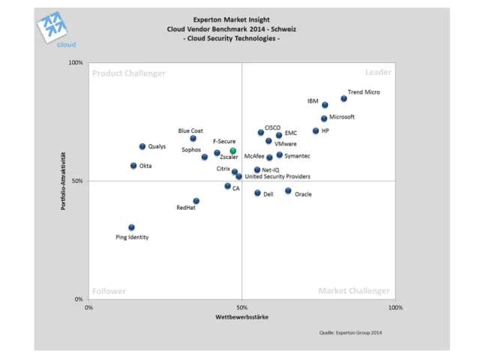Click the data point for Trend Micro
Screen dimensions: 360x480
(x=344, y=98)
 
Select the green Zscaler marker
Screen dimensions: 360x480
(x=233, y=151)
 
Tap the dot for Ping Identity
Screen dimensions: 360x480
(x=131, y=227)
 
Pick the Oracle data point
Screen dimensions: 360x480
(x=288, y=190)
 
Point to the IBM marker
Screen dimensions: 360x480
(x=325, y=105)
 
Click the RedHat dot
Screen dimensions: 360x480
(x=196, y=201)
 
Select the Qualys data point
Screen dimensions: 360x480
(x=142, y=146)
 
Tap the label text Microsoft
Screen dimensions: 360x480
(x=342, y=117)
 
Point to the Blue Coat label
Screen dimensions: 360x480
(x=190, y=130)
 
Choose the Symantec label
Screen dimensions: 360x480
(x=298, y=156)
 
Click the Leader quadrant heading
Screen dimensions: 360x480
(x=378, y=73)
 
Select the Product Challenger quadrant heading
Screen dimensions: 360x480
(x=128, y=73)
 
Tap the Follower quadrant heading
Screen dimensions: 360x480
(x=109, y=291)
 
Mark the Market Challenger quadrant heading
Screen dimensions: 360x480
(x=354, y=291)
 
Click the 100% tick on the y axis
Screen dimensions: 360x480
(x=76, y=63)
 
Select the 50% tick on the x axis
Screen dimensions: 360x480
(x=241, y=307)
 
